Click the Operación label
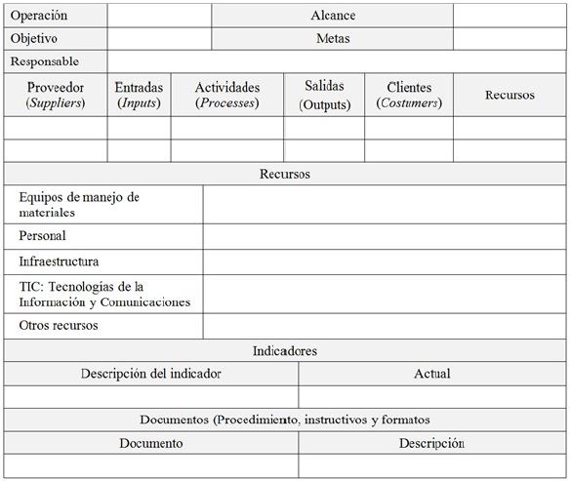click(40, 16)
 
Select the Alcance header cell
click(333, 16)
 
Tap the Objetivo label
click(34, 39)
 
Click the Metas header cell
click(333, 39)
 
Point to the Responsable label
click(45, 61)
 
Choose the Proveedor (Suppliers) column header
click(56, 95)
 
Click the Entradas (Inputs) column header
click(139, 95)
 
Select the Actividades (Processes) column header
click(227, 95)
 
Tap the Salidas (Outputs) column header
click(324, 95)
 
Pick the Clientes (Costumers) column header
click(409, 95)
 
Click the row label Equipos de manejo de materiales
click(78, 204)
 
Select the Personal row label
click(43, 236)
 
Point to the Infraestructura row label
click(59, 261)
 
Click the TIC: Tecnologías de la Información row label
click(103, 294)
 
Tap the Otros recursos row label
click(59, 326)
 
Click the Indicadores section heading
click(285, 350)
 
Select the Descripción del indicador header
click(151, 374)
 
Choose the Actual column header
click(431, 374)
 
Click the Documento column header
click(151, 443)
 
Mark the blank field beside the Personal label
click(385, 236)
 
